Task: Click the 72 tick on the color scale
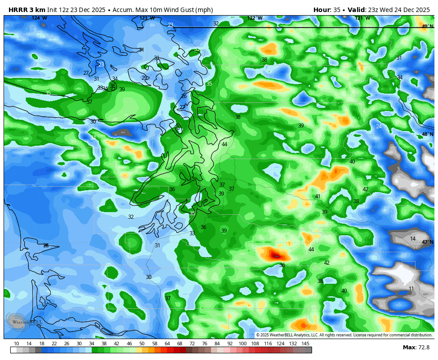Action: (192, 344)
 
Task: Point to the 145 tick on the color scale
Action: (305, 344)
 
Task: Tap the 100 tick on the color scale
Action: (243, 344)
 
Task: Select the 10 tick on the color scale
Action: (16, 344)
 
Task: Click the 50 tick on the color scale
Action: (142, 344)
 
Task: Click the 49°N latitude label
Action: (427, 26)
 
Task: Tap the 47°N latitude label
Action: (427, 242)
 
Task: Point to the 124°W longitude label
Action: (39, 18)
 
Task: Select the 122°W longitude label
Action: (255, 18)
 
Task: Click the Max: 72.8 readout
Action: (416, 348)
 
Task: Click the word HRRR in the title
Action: (17, 10)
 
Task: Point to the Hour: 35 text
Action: (327, 10)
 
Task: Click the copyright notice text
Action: (344, 335)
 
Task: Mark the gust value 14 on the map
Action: (413, 239)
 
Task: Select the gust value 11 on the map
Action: (411, 289)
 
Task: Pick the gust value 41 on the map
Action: (317, 196)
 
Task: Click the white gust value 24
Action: (379, 127)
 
